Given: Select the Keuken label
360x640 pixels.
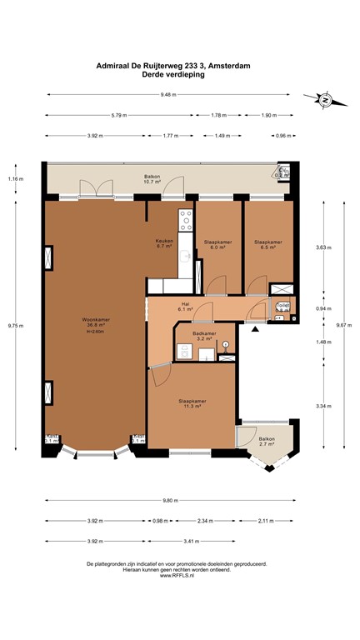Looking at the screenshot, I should pos(163,243).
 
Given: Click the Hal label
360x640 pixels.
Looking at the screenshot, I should pos(186,306).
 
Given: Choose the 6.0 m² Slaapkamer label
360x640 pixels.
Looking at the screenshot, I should pos(217,244).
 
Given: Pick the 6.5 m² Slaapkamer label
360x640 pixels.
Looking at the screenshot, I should pos(267,244).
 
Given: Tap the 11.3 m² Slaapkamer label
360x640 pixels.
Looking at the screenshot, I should pos(192,404).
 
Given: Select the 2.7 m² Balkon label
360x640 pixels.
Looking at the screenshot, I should pos(267,441).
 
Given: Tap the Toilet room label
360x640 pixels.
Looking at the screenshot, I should pos(282,306).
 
